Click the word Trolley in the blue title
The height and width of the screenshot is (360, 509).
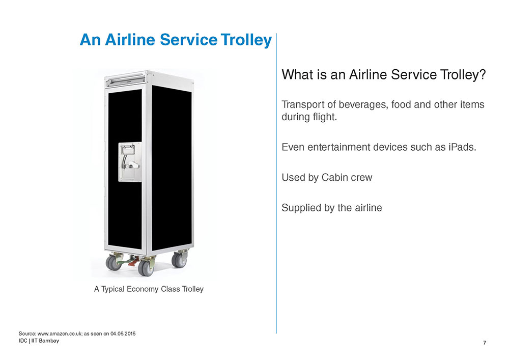(x=246, y=40)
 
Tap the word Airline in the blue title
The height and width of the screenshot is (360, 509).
(x=130, y=40)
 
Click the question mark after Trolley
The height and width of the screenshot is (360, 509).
(x=482, y=74)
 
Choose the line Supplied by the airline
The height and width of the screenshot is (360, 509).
(x=332, y=207)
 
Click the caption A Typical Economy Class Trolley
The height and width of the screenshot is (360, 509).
(x=149, y=289)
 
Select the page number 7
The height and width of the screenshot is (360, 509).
(x=485, y=343)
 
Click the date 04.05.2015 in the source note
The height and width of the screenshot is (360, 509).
(x=123, y=334)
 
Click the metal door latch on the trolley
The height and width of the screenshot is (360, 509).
(x=129, y=161)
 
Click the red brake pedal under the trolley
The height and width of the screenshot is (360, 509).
(x=133, y=261)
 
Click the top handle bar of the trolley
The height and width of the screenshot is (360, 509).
(x=125, y=78)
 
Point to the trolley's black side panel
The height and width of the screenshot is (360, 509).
(x=172, y=168)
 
